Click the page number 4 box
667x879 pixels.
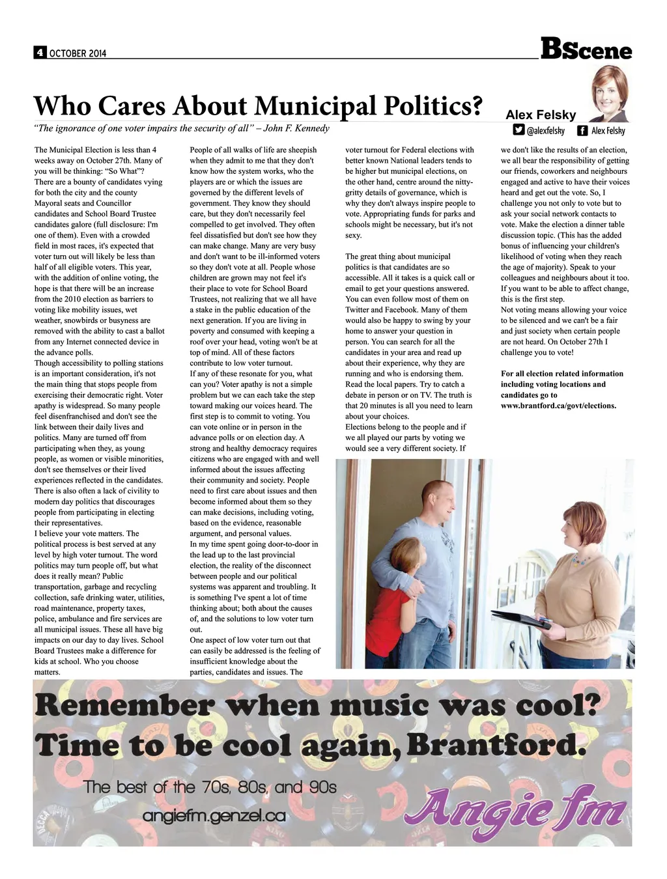[x=39, y=53]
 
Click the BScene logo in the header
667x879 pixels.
[x=586, y=49]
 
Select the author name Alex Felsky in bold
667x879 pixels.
[x=541, y=115]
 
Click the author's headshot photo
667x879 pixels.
[x=609, y=93]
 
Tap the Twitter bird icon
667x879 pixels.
[x=518, y=130]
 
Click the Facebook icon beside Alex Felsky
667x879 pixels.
[x=582, y=130]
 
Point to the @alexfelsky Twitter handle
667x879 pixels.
[x=545, y=131]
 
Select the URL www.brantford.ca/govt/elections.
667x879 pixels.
[x=558, y=406]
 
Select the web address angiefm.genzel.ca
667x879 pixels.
[x=214, y=816]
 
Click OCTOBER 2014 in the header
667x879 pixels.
[x=78, y=53]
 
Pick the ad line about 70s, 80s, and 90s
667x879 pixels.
[x=210, y=787]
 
